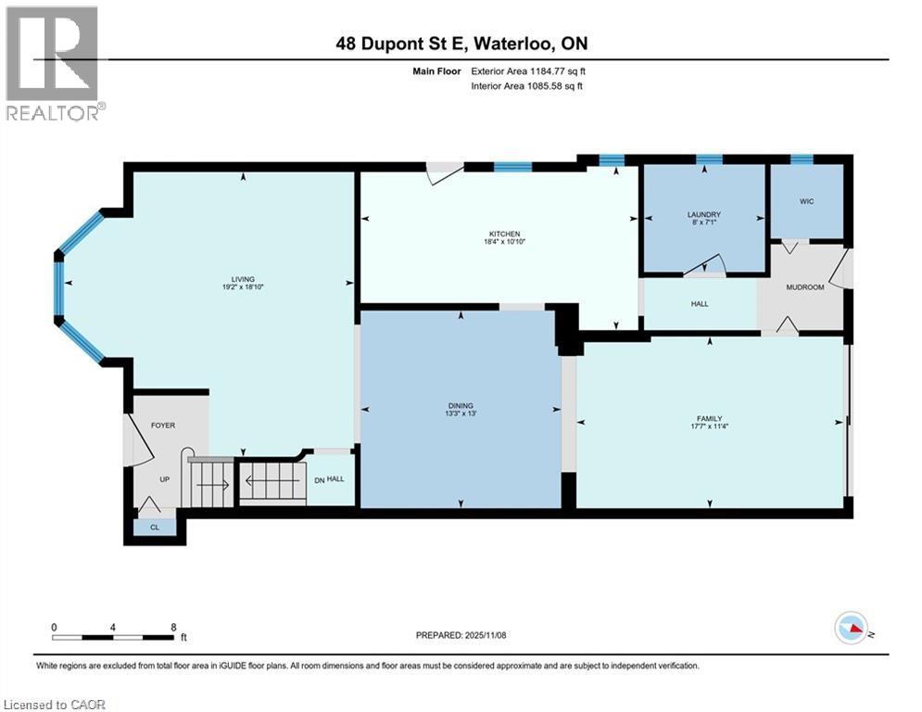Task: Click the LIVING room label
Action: tap(243, 279)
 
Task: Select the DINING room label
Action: tap(461, 405)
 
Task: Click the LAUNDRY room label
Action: tap(704, 214)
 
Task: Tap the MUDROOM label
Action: tap(804, 287)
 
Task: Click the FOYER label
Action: tap(163, 426)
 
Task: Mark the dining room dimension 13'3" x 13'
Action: tap(461, 413)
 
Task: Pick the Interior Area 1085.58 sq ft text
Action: tap(526, 86)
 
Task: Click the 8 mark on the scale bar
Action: tap(173, 627)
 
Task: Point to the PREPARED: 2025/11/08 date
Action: tap(461, 635)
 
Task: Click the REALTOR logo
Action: tap(53, 63)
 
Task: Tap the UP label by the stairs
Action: tap(163, 479)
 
